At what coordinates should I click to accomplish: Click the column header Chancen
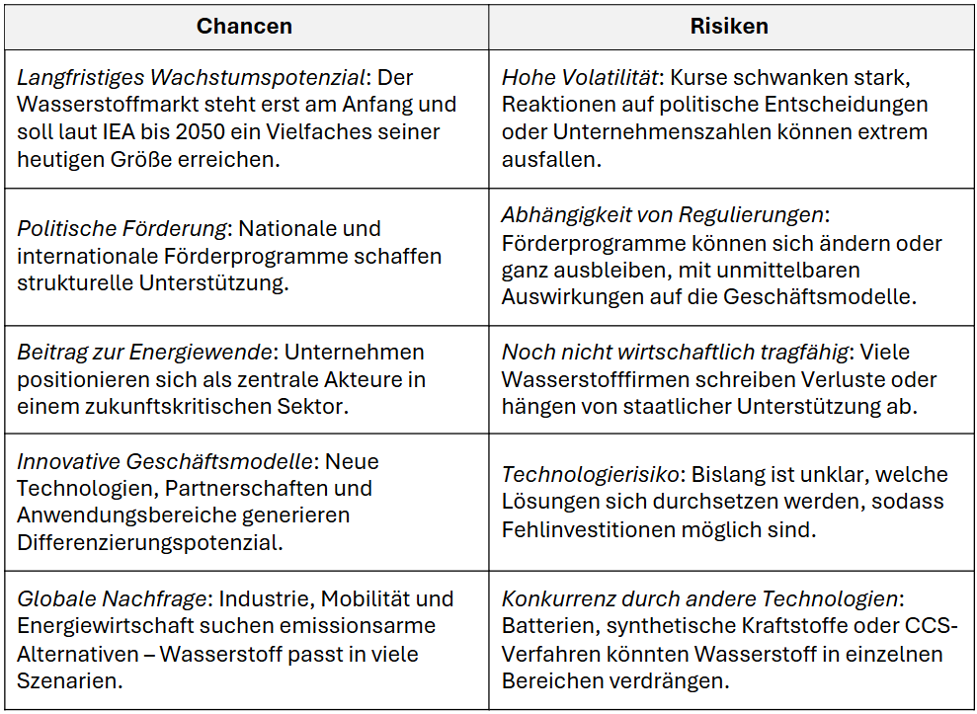[x=244, y=27]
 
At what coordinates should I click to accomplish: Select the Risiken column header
[x=729, y=27]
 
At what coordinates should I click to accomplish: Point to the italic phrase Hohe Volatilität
[x=579, y=77]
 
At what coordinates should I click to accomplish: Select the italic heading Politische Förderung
[x=122, y=228]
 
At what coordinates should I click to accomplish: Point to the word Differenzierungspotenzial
[x=148, y=542]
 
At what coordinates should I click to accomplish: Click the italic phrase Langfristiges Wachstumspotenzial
[x=188, y=77]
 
